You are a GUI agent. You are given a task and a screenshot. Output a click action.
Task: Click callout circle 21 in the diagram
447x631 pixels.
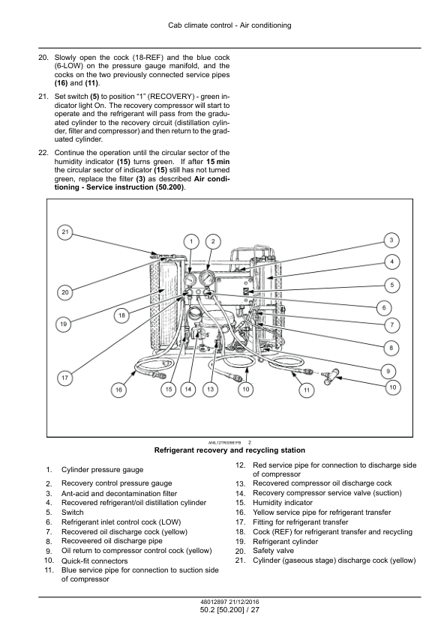pos(65,232)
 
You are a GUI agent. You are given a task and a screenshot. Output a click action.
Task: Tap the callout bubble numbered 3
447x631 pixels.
pos(391,241)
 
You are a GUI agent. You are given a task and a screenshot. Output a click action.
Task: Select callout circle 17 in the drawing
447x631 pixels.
pos(64,378)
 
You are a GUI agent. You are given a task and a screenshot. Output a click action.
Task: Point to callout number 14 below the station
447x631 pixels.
pos(188,389)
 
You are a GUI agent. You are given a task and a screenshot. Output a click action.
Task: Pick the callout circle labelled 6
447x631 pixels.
pos(384,308)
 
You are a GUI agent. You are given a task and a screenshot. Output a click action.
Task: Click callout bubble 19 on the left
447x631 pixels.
pos(63,324)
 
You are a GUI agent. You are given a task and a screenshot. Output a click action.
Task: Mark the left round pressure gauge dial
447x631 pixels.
pos(190,280)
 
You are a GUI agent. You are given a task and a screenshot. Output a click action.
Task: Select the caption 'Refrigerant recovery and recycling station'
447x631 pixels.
pos(229,450)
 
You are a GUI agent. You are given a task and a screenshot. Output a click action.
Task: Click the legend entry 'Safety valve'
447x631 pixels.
pos(273,551)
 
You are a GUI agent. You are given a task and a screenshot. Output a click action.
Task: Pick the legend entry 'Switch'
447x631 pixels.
pos(73,513)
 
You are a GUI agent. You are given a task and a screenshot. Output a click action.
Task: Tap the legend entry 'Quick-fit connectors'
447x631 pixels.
pos(94,561)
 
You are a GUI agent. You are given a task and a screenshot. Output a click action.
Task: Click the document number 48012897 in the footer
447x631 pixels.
pos(214,602)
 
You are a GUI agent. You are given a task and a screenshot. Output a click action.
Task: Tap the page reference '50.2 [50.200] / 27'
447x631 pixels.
pos(229,610)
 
